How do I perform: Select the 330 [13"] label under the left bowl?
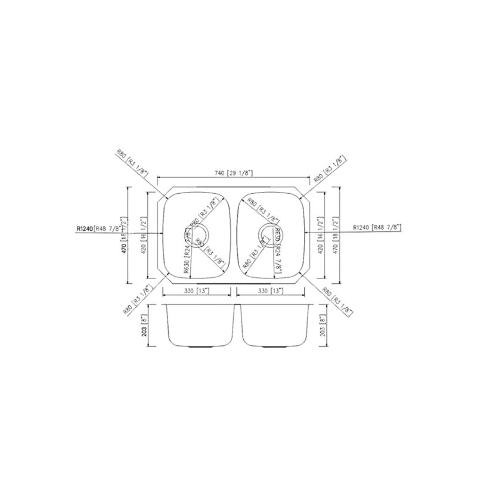point(197,292)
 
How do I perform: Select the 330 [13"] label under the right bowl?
point(271,292)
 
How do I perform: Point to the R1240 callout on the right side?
point(377,227)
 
